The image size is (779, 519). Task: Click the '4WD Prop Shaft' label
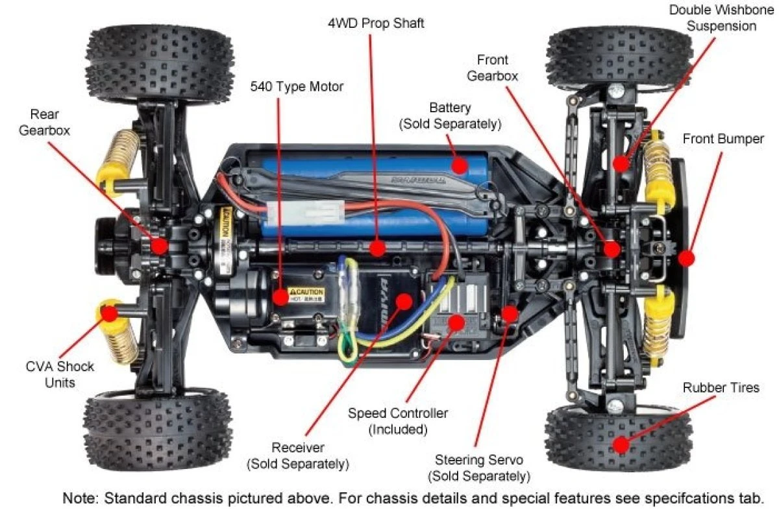pos(376,24)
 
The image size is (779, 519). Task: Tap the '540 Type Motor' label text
pos(297,86)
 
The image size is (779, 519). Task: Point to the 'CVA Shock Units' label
pos(60,374)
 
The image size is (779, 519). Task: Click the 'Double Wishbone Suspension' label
pos(721,18)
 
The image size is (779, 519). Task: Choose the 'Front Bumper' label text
pos(723,139)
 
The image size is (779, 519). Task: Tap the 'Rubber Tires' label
pos(721,388)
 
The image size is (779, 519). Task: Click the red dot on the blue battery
pos(460,165)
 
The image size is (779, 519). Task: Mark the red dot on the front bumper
pos(686,258)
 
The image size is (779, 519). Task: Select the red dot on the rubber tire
pos(621,444)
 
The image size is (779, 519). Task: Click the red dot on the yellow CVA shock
pos(110,313)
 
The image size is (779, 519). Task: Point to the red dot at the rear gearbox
pos(159,245)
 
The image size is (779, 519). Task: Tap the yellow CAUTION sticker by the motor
pos(306,295)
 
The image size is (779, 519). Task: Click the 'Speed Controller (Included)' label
pos(397,421)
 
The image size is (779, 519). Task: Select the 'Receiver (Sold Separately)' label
pos(298,455)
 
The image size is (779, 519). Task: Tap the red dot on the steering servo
pos(510,313)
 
